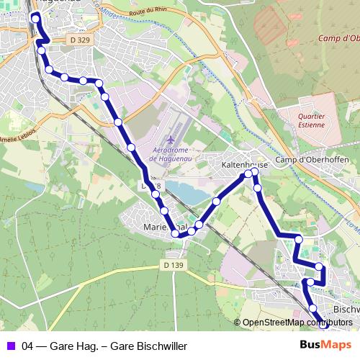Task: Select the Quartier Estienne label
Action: coord(311,120)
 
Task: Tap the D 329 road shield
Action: coord(82,40)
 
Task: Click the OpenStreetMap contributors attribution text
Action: coord(297,322)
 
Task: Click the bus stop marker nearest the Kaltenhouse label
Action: coord(248,174)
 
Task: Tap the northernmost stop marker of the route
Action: coord(35,17)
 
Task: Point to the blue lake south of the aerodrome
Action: coord(189,193)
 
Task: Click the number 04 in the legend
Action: coord(27,346)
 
